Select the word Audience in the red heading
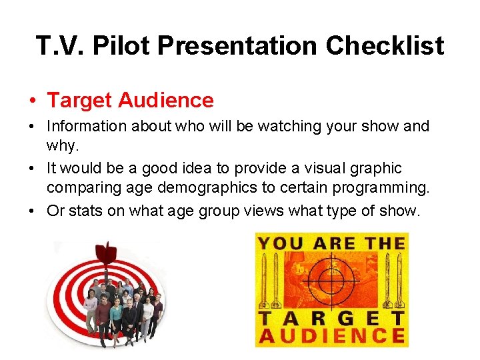pos(166,101)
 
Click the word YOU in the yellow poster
pos(282,243)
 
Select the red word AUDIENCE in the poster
pos(331,335)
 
